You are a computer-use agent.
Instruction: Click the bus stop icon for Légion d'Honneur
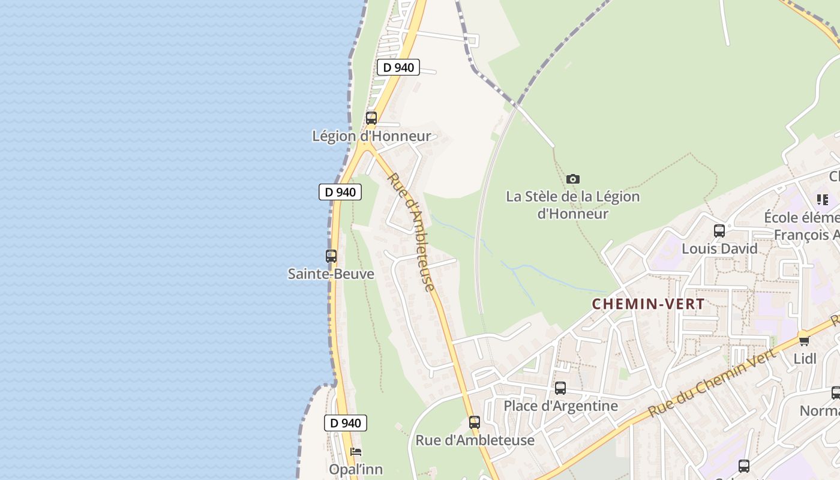[x=371, y=118]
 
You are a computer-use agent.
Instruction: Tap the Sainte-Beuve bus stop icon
[x=331, y=256]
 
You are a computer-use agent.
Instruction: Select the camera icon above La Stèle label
[x=573, y=179]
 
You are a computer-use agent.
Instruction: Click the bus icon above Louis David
[x=719, y=231]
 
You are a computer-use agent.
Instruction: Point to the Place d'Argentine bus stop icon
[x=560, y=388]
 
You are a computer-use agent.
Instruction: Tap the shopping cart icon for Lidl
[x=803, y=340]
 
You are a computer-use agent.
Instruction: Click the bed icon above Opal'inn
[x=356, y=452]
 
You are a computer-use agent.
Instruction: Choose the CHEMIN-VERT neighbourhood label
[x=649, y=304]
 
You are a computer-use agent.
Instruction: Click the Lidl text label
[x=805, y=359]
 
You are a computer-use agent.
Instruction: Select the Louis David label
[x=719, y=248]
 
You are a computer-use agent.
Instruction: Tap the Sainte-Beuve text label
[x=331, y=274]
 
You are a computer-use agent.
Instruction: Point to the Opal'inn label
[x=356, y=469]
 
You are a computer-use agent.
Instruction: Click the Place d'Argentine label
[x=560, y=406]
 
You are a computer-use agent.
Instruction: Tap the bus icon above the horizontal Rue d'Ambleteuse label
[x=475, y=422]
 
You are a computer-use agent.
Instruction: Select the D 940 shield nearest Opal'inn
[x=346, y=423]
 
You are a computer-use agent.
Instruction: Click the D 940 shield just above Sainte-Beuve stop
[x=340, y=192]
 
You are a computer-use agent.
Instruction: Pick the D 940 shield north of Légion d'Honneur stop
[x=398, y=67]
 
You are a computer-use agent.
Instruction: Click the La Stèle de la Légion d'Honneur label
[x=573, y=205]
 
